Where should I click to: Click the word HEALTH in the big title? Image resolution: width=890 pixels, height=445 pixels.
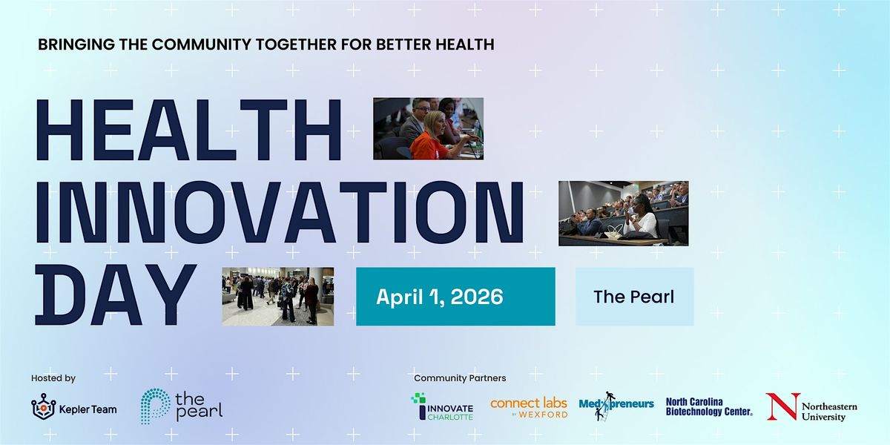(188, 130)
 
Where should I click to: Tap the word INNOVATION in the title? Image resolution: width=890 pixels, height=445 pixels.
(280, 212)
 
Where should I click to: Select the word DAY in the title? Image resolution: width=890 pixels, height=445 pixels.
(116, 294)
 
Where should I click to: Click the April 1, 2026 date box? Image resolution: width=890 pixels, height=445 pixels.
(455, 297)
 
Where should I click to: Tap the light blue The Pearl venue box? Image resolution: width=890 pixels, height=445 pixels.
(635, 297)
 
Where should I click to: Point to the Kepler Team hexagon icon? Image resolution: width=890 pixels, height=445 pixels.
(44, 407)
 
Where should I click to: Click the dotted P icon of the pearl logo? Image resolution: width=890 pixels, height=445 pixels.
(155, 406)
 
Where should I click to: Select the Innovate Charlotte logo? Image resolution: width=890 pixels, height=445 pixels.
(442, 406)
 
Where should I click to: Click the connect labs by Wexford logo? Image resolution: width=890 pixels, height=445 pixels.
(529, 407)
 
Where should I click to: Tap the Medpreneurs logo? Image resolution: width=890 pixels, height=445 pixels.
(616, 406)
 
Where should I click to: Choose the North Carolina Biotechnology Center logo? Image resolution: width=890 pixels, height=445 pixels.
(709, 407)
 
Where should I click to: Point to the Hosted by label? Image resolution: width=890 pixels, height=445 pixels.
(53, 378)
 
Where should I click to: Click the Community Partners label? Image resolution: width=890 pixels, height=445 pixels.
(460, 378)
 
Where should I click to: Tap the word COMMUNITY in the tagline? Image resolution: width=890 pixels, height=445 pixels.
(202, 44)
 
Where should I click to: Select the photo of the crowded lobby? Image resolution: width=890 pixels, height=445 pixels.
(277, 297)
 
